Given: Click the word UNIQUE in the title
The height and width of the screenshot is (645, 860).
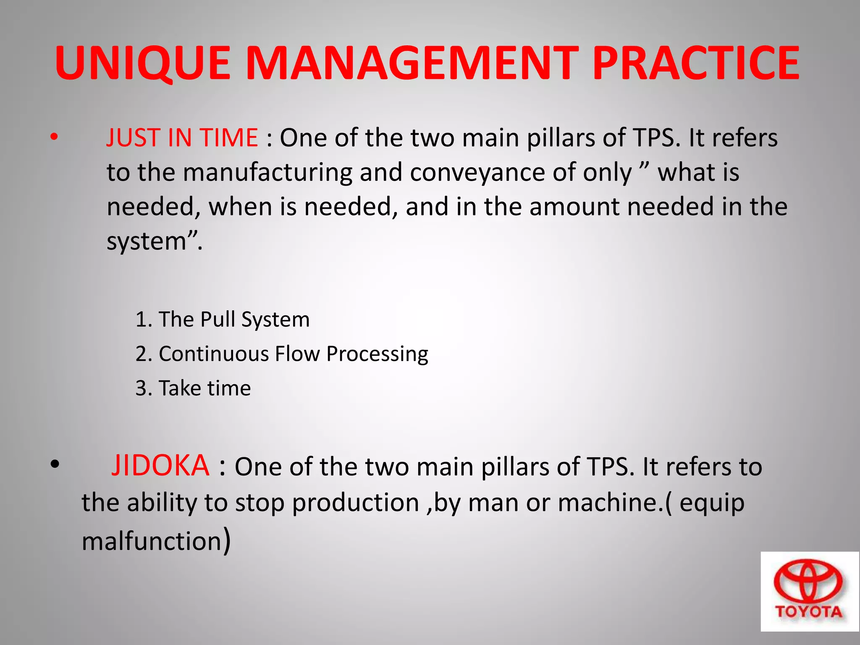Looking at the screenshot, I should (x=143, y=63).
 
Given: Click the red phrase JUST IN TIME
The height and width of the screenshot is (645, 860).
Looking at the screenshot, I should (x=182, y=138).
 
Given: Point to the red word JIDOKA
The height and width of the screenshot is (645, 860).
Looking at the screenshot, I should (x=160, y=466).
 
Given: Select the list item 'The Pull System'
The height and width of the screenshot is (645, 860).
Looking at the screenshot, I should (x=223, y=319).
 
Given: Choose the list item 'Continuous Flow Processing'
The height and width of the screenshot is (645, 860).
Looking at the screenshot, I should (x=282, y=354).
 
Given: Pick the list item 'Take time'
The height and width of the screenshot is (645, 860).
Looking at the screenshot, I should (x=193, y=388).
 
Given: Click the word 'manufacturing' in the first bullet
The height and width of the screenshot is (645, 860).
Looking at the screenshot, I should (x=267, y=173).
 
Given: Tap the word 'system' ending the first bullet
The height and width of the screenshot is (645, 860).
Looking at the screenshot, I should (x=147, y=241).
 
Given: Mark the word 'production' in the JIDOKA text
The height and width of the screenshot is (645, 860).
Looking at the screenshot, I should (x=356, y=503).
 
